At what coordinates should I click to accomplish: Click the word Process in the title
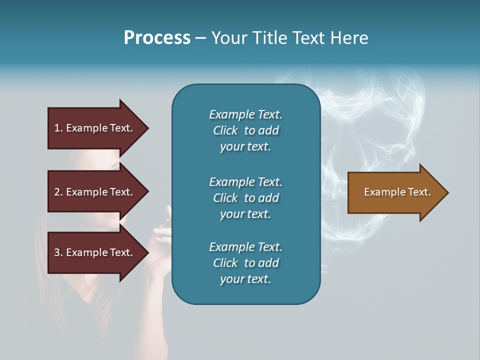[x=157, y=38]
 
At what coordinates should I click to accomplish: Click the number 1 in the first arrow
[x=57, y=128]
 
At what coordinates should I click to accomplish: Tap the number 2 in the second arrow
[x=57, y=192]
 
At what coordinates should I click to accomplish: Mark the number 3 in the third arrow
[x=57, y=252]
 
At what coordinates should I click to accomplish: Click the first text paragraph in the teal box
[x=245, y=130]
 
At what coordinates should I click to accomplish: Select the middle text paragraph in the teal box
[x=245, y=198]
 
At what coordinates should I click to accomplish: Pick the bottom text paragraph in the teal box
[x=245, y=263]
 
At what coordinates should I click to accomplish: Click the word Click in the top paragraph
[x=225, y=130]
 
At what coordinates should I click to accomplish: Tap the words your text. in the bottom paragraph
[x=245, y=279]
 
